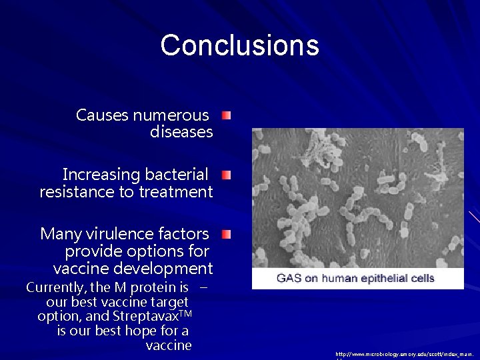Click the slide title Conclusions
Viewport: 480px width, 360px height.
point(239,45)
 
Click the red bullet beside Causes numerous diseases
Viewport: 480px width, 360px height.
point(227,117)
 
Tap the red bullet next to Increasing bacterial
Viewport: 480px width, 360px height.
point(227,175)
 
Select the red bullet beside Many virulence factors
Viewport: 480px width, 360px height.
point(227,234)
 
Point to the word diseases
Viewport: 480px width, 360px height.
point(181,132)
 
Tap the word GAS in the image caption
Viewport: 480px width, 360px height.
point(289,278)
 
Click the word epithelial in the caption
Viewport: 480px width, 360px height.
point(382,278)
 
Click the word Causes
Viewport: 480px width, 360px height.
point(103,115)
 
